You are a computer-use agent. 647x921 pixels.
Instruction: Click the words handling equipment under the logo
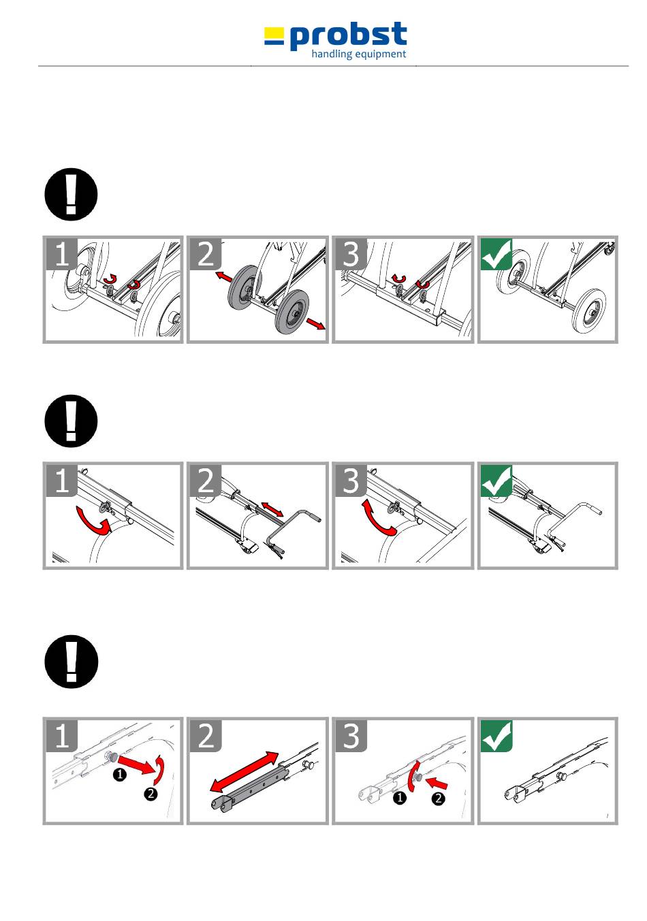pyautogui.click(x=358, y=54)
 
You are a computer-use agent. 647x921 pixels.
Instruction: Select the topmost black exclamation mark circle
pyautogui.click(x=71, y=195)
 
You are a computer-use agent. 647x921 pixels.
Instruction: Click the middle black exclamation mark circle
pyautogui.click(x=71, y=421)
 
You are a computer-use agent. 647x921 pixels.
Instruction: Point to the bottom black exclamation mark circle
pyautogui.click(x=71, y=662)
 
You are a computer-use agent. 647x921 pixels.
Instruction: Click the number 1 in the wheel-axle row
pyautogui.click(x=62, y=254)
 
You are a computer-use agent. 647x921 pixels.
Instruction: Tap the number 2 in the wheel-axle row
pyautogui.click(x=206, y=254)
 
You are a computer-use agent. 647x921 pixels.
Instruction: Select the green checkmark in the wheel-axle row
pyautogui.click(x=496, y=254)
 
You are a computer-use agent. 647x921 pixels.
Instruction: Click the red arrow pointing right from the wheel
pyautogui.click(x=315, y=324)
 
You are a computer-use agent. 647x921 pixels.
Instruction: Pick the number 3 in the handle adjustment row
pyautogui.click(x=351, y=480)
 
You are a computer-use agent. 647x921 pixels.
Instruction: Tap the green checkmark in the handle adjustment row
pyautogui.click(x=496, y=480)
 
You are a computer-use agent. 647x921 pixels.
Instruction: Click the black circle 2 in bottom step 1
pyautogui.click(x=151, y=794)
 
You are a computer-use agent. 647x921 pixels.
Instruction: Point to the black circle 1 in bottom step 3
pyautogui.click(x=400, y=798)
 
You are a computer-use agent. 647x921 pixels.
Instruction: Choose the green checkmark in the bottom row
pyautogui.click(x=496, y=736)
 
